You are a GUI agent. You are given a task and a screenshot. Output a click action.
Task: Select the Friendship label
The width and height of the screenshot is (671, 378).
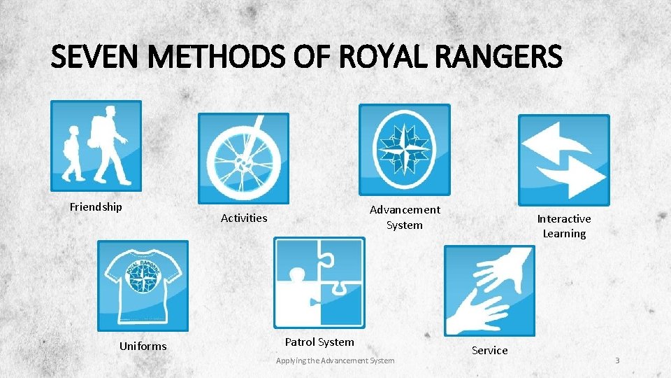click(96, 206)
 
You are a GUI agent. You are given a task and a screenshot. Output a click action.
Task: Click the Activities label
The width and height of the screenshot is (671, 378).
click(244, 218)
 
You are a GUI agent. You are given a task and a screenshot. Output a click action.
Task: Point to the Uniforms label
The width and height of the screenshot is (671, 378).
click(143, 346)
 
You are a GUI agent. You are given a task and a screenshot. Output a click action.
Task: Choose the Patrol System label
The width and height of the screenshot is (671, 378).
click(319, 342)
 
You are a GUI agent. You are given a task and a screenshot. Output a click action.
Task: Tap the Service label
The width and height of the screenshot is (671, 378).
click(489, 350)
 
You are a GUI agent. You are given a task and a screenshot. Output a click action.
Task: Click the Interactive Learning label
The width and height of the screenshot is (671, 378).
click(563, 226)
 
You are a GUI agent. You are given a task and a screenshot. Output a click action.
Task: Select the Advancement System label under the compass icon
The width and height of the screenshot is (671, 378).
click(405, 217)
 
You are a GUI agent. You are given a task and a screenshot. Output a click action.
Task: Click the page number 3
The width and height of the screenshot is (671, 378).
click(617, 360)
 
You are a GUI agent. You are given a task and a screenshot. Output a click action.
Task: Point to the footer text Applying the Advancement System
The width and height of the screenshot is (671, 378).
click(335, 360)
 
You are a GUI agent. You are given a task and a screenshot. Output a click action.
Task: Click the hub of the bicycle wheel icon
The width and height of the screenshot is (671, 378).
click(242, 164)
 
